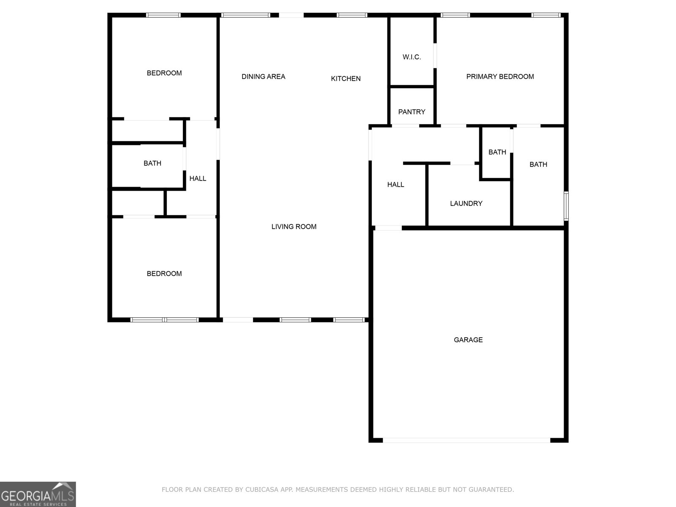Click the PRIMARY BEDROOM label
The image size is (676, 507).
coord(500,76)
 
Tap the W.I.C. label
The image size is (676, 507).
coord(412,57)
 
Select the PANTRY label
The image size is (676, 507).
coord(412,112)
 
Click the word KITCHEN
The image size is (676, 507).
coord(346,79)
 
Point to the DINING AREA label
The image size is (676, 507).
coord(263,76)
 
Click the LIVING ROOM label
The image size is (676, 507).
coord(294,227)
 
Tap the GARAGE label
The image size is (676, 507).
coord(468,340)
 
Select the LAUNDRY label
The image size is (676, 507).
coord(466,204)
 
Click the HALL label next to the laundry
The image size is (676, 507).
coord(395,185)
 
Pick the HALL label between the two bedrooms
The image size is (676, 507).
coord(198,179)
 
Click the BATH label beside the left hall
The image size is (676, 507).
coord(152,164)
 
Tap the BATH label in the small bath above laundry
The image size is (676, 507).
coord(497,152)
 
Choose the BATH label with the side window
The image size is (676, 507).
coord(538,164)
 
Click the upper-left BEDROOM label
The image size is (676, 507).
coord(164,73)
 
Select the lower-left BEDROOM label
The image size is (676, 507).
coord(164,274)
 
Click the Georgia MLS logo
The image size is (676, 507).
coord(38,494)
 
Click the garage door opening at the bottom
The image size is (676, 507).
coord(466,440)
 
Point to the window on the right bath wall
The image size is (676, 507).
coord(566,206)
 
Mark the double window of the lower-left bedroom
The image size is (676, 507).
coord(164,320)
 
